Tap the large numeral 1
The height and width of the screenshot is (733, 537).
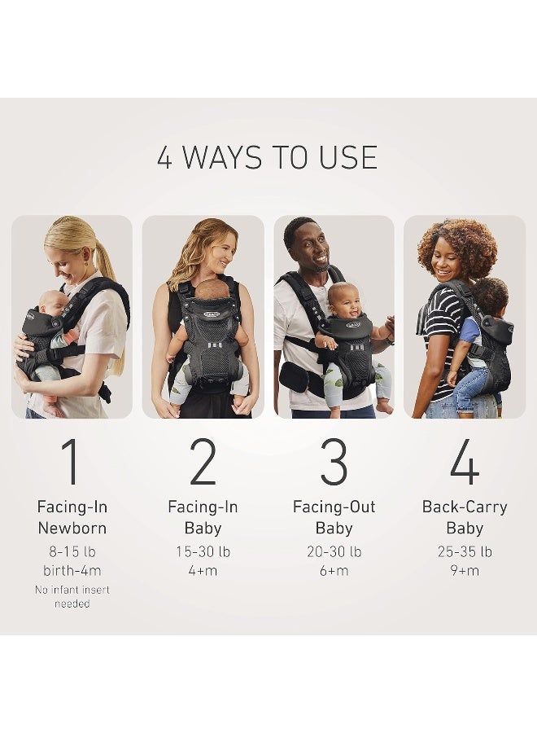(72, 462)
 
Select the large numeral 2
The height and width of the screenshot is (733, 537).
(203, 462)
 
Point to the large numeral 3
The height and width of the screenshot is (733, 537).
(334, 462)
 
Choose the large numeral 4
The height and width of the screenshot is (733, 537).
(464, 462)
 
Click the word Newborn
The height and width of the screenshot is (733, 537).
(72, 528)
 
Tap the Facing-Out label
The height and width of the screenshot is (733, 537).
(334, 507)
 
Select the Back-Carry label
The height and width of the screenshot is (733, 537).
(465, 507)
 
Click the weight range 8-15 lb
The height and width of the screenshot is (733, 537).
(72, 551)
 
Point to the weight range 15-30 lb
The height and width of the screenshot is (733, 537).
(203, 551)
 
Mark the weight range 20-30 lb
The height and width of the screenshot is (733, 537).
(334, 551)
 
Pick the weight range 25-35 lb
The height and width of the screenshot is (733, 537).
(465, 551)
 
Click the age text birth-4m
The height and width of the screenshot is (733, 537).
(72, 570)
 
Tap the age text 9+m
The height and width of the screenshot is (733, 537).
(465, 570)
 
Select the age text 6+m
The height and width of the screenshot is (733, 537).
(334, 570)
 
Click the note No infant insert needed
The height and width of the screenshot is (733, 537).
(72, 596)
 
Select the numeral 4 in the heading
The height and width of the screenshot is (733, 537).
(165, 157)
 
